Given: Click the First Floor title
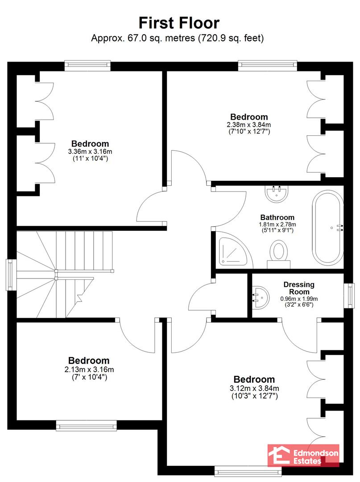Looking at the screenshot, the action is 179,23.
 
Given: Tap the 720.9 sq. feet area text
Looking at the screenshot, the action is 231,38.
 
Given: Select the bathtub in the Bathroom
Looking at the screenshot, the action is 328,228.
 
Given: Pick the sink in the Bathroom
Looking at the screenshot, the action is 277,194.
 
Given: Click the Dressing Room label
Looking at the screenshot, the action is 299,288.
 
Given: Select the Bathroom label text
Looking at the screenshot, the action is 277,217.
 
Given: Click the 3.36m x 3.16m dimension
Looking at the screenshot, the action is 90,152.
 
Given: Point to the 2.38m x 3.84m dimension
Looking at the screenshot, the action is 249,125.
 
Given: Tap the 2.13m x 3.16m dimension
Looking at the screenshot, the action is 89,370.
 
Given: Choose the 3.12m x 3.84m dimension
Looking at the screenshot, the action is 254,388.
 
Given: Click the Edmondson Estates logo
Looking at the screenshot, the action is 303,456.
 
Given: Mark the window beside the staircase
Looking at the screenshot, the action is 11,274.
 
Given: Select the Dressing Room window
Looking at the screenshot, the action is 349,295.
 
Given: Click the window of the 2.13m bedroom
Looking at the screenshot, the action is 86,426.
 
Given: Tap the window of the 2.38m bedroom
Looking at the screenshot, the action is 268,66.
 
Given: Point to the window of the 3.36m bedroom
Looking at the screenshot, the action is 87,66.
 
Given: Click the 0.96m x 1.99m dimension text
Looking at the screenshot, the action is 299,302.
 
